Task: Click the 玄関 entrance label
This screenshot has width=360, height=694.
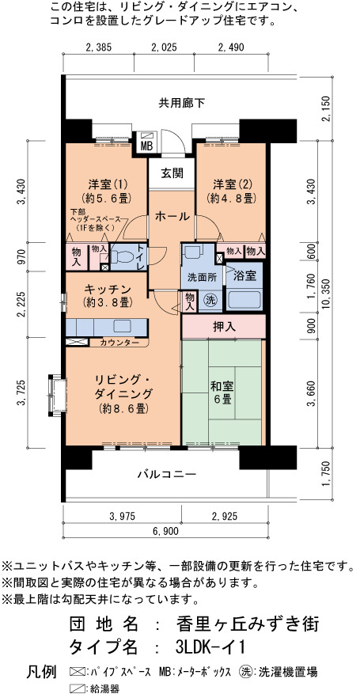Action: [171, 173]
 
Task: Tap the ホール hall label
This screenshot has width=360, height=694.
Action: [172, 217]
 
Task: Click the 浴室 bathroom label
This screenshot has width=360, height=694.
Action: [244, 275]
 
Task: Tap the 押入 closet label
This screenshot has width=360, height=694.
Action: [224, 327]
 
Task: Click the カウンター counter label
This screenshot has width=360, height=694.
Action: [119, 343]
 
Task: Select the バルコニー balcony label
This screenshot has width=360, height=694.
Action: [166, 475]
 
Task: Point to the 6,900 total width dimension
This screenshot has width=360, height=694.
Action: [166, 532]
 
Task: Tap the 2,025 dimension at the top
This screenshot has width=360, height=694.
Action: [164, 47]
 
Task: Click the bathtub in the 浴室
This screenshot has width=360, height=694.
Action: [244, 300]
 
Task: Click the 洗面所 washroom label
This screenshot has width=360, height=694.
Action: [202, 278]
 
